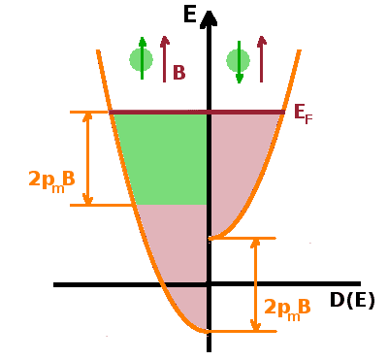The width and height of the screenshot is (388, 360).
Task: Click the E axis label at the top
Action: click(190, 15)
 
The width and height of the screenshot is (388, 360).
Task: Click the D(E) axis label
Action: click(351, 301)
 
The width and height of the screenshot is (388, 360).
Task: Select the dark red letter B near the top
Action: click(178, 73)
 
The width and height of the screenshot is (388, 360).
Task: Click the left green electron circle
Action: click(142, 59)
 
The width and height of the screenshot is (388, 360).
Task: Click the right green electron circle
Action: click(238, 60)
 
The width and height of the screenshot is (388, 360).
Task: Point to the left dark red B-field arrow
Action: click(165, 57)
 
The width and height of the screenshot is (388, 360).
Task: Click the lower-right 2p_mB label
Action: click(287, 308)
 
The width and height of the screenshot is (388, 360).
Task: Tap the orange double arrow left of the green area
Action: click(88, 158)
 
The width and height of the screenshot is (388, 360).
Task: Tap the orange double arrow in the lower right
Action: click(255, 284)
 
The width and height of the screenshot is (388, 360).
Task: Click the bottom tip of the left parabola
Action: click(209, 330)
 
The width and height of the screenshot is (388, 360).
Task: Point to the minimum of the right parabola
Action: click(212, 238)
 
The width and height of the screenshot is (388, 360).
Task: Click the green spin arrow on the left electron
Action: click(142, 55)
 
